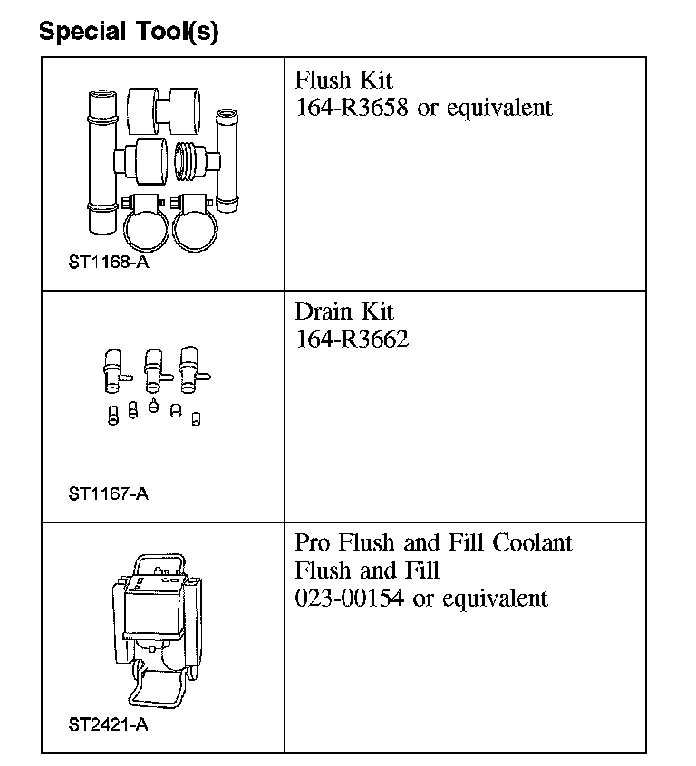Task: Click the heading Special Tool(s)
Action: pyautogui.click(x=128, y=32)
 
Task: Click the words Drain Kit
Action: pyautogui.click(x=344, y=311)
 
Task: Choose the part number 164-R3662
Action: pyautogui.click(x=352, y=340)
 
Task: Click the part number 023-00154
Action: pyautogui.click(x=351, y=598)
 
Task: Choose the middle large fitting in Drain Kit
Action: pyautogui.click(x=154, y=368)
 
